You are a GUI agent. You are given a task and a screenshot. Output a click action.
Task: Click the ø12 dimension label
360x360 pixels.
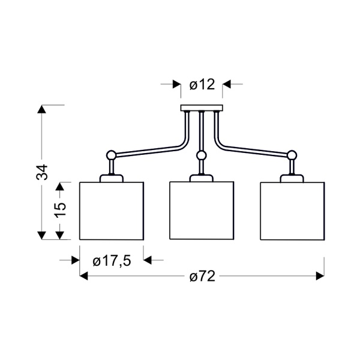202,85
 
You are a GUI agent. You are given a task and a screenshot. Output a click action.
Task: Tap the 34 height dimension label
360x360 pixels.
42,172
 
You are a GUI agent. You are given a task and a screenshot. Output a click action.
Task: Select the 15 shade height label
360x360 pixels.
60,209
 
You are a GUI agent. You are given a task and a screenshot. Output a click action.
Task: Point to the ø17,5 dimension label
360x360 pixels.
112,261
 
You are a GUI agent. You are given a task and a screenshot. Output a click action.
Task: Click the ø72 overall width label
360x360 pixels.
203,276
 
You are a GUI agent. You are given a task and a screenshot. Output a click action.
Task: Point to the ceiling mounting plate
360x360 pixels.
202,108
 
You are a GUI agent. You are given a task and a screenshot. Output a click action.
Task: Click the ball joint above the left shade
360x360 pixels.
112,155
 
